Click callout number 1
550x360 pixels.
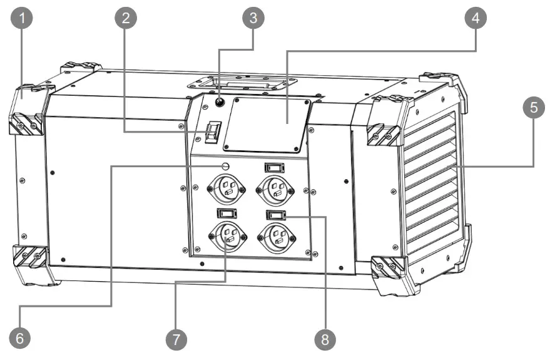[23, 18]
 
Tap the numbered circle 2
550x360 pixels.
[126, 18]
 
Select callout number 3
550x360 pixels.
[253, 18]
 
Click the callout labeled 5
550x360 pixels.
[533, 108]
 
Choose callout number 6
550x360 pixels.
[19, 338]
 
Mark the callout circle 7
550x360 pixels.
[176, 339]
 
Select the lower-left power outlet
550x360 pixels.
[227, 237]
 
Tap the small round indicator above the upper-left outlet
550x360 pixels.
[228, 165]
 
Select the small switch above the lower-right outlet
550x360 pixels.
[275, 215]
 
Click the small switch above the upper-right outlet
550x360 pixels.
[273, 167]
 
